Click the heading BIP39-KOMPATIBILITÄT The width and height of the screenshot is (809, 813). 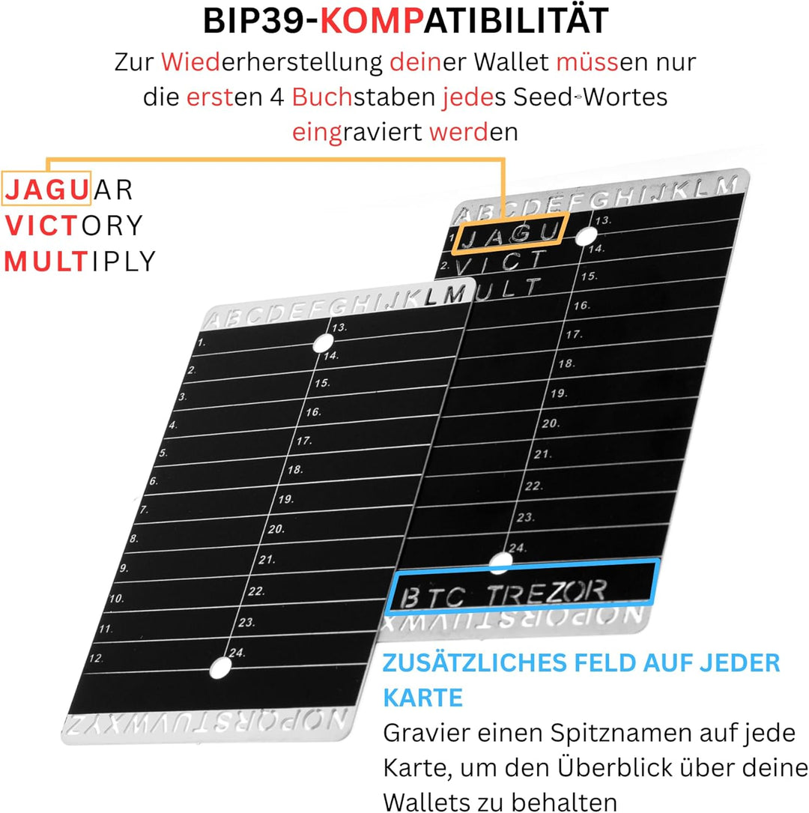point(404,22)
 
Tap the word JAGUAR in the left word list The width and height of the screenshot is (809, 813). point(68,190)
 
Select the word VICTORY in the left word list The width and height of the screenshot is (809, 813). point(73,225)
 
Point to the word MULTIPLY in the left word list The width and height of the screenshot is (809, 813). point(80,261)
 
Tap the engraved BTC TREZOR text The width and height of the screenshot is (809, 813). point(503,595)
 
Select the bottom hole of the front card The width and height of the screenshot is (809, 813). point(221,668)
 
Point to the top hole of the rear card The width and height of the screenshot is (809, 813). point(586,236)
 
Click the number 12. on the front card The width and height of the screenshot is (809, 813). point(95,658)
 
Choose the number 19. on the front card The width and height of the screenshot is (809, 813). point(285,499)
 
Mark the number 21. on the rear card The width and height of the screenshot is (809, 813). point(543,454)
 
